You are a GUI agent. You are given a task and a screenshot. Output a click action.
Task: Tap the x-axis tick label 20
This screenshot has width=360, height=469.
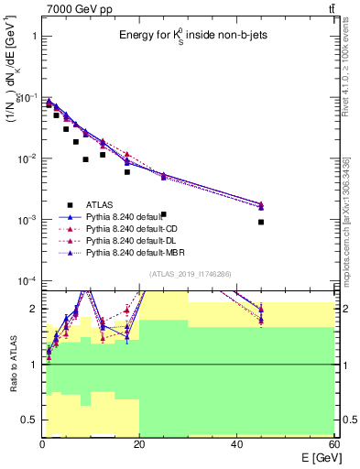[x=139, y=444]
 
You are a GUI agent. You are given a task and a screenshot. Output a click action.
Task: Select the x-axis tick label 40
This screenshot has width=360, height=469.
[x=237, y=444]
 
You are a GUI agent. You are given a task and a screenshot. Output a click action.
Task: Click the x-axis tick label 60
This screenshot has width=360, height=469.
[x=334, y=444]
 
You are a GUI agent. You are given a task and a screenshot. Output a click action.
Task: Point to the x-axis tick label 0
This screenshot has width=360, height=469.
[x=42, y=444]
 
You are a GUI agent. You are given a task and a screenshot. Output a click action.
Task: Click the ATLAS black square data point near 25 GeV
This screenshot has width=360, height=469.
[x=163, y=163]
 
